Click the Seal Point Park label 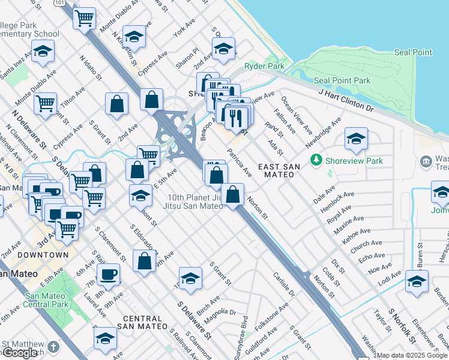tap(342, 80)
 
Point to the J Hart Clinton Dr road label tap(346, 100)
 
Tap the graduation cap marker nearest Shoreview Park tap(356, 140)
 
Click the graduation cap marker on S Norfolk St tap(417, 281)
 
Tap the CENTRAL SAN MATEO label tap(142, 319)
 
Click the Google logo tap(20, 353)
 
